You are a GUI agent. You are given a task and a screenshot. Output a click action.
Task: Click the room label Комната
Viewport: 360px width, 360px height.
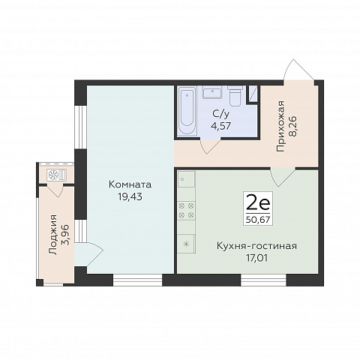tap(130, 184)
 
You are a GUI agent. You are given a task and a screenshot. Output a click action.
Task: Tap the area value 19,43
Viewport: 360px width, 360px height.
tap(130, 197)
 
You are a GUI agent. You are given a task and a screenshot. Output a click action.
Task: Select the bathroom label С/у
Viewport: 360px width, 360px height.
tap(220, 114)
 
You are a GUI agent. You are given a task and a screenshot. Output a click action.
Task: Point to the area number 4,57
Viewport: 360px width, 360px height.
tap(220, 126)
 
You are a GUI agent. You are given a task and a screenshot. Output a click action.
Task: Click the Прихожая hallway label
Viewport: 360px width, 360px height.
tap(280, 126)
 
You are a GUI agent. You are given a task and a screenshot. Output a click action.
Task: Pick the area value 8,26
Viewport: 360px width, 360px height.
tap(292, 126)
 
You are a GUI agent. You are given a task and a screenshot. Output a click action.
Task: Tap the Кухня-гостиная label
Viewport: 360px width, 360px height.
tap(256, 246)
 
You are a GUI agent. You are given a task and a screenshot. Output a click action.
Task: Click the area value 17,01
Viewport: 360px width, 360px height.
tap(256, 258)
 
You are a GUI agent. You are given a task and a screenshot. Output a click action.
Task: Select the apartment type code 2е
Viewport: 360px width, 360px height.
tap(258, 205)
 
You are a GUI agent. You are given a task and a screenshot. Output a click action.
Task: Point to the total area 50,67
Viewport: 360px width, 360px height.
tap(258, 220)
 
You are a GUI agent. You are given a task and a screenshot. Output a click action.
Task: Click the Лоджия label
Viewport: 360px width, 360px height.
tap(53, 235)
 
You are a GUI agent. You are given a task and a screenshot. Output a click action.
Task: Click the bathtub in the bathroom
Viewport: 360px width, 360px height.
tap(187, 111)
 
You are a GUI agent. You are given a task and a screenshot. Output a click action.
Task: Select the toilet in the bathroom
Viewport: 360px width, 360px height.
tap(235, 95)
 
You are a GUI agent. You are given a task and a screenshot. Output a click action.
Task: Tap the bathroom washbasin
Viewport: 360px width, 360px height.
tap(212, 92)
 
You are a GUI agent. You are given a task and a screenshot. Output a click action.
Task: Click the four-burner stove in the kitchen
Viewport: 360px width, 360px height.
tap(186, 210)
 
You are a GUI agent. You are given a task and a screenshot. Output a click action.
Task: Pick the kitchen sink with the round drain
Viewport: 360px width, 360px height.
tap(186, 179)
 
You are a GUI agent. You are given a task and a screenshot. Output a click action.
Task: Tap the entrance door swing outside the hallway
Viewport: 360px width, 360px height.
tap(299, 70)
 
